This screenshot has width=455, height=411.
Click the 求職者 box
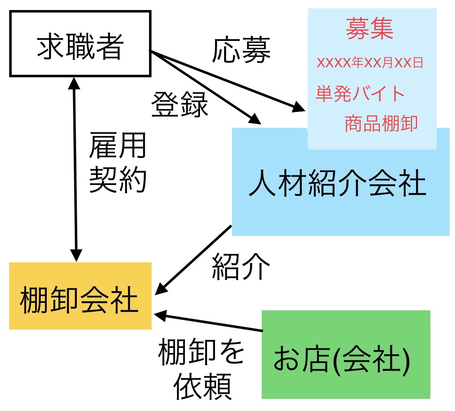pos(80,44)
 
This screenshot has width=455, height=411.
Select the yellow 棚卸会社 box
pos(80,296)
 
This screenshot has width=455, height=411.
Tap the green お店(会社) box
pos(346,354)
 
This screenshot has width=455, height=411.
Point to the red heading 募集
pos(370,30)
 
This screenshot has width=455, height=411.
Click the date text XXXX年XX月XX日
pos(370,63)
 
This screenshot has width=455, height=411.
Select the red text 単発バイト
pos(360,93)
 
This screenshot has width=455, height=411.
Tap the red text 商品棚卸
pos(381,123)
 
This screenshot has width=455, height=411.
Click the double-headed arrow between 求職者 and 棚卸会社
pos(75,167)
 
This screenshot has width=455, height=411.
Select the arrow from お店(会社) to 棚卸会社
pos(209,322)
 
